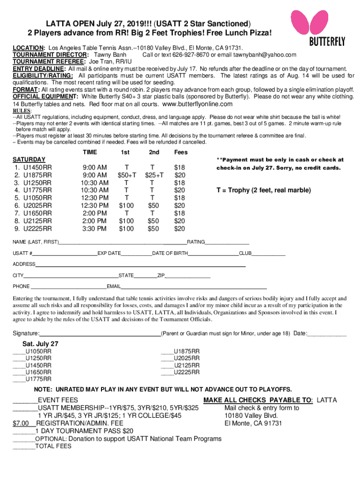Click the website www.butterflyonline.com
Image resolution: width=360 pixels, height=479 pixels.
click(x=197, y=103)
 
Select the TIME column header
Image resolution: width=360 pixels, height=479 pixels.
click(x=90, y=152)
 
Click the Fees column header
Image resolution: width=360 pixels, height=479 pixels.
click(x=180, y=152)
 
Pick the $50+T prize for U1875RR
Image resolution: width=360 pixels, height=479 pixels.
click(x=127, y=175)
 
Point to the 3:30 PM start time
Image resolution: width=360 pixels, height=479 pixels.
click(x=94, y=229)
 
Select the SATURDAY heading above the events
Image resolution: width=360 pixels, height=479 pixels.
click(x=29, y=160)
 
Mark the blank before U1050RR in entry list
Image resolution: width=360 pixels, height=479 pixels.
click(x=19, y=351)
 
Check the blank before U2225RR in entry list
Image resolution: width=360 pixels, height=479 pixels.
click(x=167, y=372)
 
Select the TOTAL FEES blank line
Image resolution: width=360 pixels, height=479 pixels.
click(x=24, y=446)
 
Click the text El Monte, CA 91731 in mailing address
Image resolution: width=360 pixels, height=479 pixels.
click(x=253, y=423)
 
